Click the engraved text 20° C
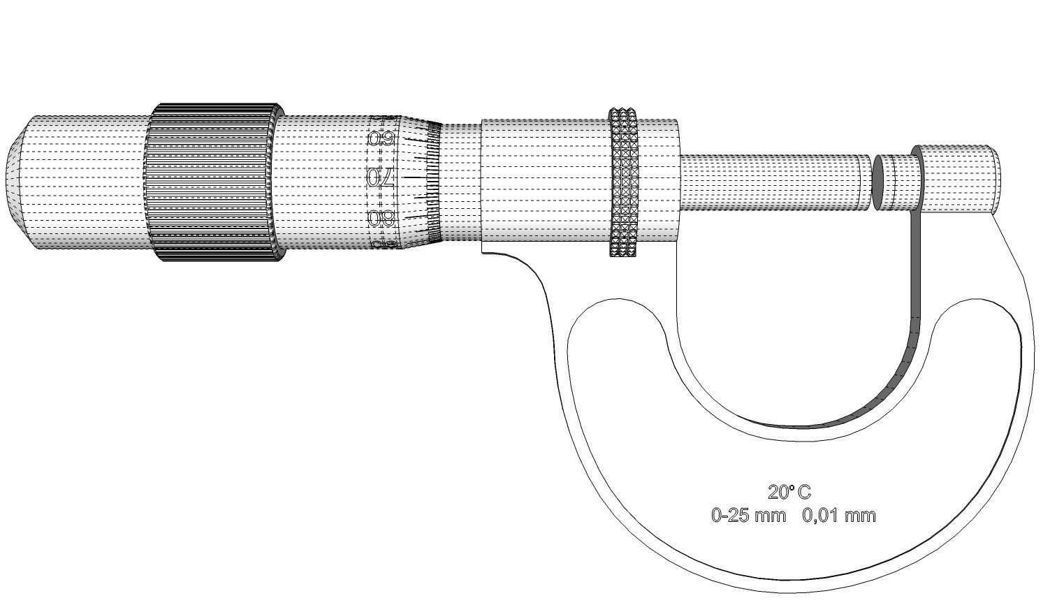789,493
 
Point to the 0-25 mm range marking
748,516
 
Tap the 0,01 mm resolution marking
838,516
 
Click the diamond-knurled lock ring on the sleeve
623,182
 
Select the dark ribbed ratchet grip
210,182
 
